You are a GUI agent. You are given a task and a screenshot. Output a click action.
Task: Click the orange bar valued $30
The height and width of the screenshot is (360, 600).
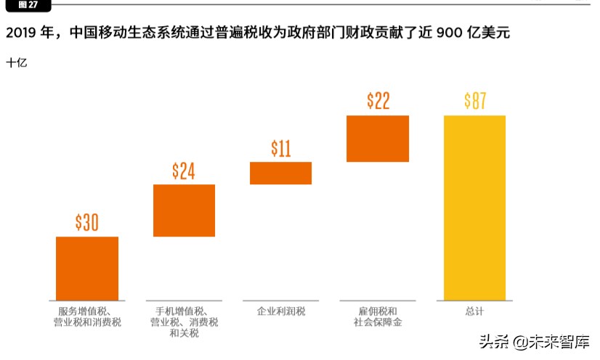click(x=87, y=268)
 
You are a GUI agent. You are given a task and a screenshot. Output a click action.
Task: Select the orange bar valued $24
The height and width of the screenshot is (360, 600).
click(x=184, y=210)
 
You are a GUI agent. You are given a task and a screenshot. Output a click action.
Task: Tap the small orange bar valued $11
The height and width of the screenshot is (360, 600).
click(x=280, y=173)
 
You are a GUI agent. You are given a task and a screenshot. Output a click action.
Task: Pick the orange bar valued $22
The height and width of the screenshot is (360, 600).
click(x=378, y=138)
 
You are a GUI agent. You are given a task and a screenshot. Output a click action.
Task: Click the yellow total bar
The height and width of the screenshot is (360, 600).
click(x=474, y=207)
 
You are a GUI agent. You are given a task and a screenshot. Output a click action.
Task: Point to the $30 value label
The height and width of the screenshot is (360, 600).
click(x=87, y=223)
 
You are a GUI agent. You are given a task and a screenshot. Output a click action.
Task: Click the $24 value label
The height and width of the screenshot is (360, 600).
click(x=184, y=171)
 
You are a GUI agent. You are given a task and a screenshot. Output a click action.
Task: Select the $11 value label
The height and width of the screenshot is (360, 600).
click(x=280, y=148)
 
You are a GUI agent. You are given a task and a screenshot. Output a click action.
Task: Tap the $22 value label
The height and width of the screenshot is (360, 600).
click(x=378, y=101)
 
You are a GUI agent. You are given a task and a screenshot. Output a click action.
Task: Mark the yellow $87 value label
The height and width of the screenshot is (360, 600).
click(x=475, y=101)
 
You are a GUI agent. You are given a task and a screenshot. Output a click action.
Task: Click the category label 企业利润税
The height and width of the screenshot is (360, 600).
click(x=281, y=311)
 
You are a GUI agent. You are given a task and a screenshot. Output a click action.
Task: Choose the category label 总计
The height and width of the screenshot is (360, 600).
click(x=474, y=311)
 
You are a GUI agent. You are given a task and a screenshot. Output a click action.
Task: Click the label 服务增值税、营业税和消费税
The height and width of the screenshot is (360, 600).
click(x=87, y=316)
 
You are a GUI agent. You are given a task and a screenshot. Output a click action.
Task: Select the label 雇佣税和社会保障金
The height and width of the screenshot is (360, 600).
click(x=377, y=316)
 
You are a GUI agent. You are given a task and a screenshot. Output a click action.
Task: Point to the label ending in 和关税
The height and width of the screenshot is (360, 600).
click(x=184, y=334)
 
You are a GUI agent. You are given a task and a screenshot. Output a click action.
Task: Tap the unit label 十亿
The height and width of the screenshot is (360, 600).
click(x=17, y=63)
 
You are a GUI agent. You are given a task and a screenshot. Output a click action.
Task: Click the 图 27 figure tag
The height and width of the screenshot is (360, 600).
click(x=28, y=5)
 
